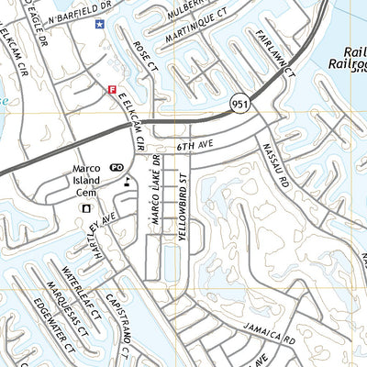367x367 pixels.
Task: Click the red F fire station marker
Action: coord(112,90)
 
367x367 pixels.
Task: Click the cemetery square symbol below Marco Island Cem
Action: coord(87,208)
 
